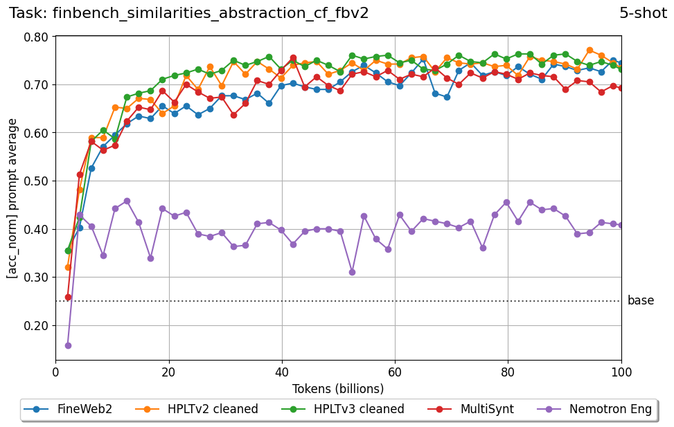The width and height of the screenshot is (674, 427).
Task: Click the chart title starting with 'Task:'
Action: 188,13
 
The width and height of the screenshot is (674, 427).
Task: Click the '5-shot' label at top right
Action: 643,13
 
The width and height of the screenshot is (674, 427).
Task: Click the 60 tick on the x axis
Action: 395,372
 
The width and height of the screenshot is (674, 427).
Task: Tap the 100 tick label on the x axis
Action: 621,372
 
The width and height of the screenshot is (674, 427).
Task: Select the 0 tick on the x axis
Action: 56,372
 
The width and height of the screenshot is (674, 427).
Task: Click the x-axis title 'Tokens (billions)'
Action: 338,388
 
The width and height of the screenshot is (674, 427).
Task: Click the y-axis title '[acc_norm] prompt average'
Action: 12,198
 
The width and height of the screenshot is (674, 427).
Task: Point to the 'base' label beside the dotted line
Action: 640,301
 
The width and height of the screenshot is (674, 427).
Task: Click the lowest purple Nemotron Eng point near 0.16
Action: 68,345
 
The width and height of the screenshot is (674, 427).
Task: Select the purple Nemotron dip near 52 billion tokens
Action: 353,272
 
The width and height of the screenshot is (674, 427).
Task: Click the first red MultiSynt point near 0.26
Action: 68,297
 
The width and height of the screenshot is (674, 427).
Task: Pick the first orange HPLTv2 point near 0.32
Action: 68,267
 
